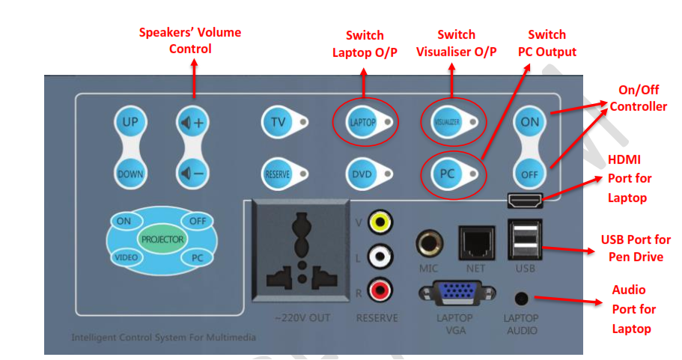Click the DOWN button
(130, 174)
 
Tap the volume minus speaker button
(190, 174)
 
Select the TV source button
(278, 122)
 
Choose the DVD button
(362, 174)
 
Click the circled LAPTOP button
(363, 122)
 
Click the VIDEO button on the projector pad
(125, 257)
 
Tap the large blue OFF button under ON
(529, 174)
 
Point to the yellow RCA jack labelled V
(381, 222)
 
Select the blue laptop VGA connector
(454, 293)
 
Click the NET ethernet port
(475, 243)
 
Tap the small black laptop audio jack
(519, 297)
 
